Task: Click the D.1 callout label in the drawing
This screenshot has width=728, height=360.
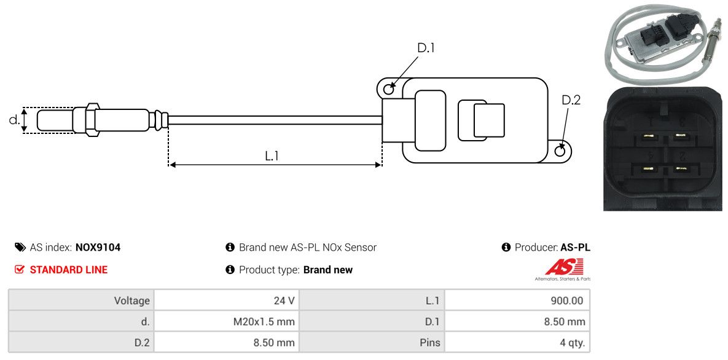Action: click(426, 48)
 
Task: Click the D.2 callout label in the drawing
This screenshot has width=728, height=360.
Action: click(571, 100)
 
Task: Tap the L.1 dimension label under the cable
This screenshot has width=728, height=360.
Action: click(272, 156)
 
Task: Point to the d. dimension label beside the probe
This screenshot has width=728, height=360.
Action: click(14, 120)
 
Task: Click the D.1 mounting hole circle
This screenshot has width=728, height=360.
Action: click(389, 90)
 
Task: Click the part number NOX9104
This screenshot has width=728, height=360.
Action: click(98, 248)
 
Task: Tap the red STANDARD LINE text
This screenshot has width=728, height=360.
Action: click(69, 270)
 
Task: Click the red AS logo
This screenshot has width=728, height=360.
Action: click(563, 267)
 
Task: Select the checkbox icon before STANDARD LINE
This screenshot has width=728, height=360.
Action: click(20, 270)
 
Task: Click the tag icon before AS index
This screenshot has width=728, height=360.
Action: click(20, 248)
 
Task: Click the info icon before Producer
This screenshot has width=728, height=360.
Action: click(506, 248)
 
